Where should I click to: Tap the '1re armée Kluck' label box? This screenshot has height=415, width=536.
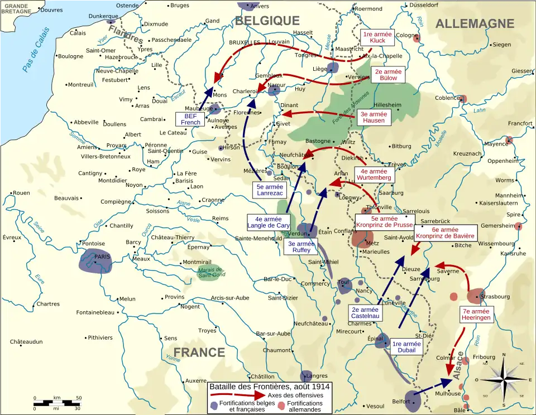[377, 37]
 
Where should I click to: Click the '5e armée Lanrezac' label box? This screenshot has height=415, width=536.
[270, 190]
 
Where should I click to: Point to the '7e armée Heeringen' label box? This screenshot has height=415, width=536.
[476, 314]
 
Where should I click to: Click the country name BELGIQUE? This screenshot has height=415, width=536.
[267, 21]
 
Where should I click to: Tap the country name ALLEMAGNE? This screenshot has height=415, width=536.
[475, 23]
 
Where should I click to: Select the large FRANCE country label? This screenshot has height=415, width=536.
[199, 352]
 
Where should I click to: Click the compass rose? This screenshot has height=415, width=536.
[504, 379]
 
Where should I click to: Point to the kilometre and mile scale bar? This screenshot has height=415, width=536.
[57, 403]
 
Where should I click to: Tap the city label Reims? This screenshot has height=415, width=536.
[221, 218]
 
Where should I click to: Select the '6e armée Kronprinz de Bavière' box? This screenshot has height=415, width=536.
[445, 233]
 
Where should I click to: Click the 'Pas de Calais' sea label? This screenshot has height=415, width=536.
[36, 50]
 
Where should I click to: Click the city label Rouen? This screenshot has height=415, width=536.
[21, 193]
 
